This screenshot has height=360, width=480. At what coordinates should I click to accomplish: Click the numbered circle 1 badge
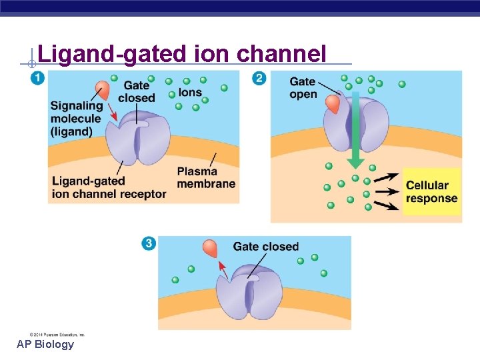pos(37,78)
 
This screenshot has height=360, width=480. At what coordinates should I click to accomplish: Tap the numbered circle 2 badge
pos(259,78)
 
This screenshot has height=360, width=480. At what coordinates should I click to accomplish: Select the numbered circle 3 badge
pos(148,243)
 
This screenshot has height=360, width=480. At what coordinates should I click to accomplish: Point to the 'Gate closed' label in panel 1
pos(136,92)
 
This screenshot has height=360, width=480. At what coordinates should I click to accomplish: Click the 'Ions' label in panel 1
pos(190,93)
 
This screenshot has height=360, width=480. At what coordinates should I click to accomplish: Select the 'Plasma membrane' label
pos(206,178)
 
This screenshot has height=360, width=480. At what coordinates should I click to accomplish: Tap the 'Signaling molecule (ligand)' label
pos(76,119)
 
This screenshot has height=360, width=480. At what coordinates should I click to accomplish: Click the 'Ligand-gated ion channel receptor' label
pos(109,188)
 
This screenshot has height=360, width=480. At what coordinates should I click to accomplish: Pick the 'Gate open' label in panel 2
pos(303,87)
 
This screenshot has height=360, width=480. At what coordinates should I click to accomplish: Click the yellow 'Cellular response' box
pos(431,192)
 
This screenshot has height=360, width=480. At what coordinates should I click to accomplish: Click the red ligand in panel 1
pos(103,91)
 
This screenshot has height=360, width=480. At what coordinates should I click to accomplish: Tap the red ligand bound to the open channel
pos(332,103)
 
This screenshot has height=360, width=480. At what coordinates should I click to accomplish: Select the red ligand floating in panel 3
pos(211,249)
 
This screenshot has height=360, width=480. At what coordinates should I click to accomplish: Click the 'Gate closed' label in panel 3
pos(265,247)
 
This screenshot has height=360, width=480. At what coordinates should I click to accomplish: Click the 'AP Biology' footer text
pos(45,345)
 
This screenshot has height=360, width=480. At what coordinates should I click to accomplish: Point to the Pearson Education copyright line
pos(57,334)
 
